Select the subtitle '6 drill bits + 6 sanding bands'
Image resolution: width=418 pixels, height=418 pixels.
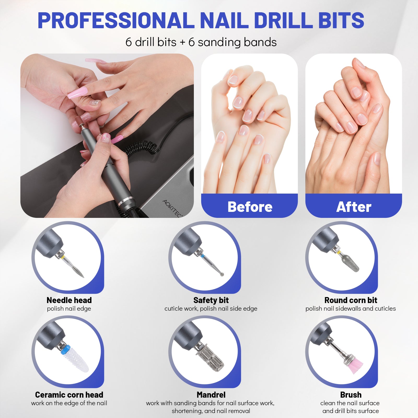201,42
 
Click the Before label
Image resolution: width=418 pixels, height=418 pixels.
250,207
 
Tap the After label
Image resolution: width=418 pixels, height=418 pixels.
354,207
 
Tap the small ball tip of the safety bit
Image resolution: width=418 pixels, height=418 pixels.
222,274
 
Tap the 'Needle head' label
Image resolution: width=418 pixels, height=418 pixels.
69,300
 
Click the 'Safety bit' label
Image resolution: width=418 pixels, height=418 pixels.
211,300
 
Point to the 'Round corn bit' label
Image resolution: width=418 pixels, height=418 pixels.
351,300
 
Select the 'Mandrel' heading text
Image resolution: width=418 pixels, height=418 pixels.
211,394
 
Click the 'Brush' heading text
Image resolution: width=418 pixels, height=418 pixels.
351,394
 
